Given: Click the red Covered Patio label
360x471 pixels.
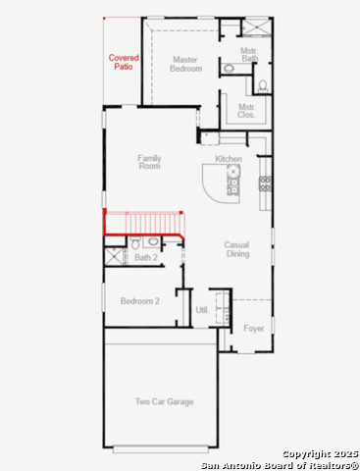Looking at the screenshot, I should tap(124, 63).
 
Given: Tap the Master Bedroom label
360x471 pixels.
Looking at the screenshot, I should tap(186, 64).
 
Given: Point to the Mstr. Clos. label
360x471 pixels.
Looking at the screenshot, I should tap(246, 111).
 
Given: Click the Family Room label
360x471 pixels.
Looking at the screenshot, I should tap(149, 162).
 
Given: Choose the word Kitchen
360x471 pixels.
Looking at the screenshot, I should tap(229, 159).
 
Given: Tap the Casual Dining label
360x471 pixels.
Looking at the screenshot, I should tap(236, 249).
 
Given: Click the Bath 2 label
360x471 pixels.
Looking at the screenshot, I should tap(146, 258).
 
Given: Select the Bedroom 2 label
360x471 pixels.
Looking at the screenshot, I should tap(139, 301).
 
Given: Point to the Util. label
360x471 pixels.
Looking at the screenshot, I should tap(202, 309).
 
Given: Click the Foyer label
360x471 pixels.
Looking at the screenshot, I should tap(253, 328).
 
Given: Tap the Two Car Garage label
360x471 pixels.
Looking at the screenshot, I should tap(164, 401).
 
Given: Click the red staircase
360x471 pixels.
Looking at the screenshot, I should tap(144, 223).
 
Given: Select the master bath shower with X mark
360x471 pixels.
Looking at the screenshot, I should tap(258, 26).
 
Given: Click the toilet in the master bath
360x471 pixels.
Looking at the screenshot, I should tap(228, 68).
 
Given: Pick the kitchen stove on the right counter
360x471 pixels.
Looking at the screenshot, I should tap(264, 183).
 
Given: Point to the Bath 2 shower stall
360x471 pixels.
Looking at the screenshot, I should tap(116, 257).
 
